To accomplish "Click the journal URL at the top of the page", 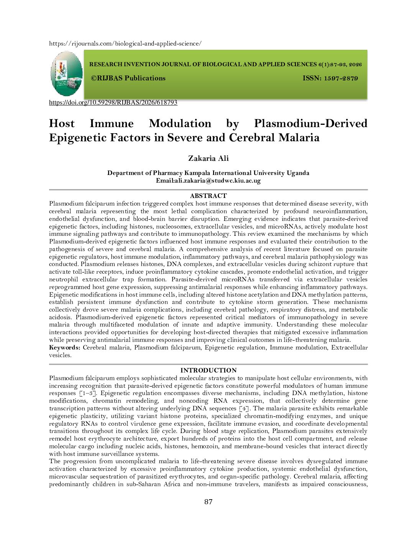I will pos(125,44).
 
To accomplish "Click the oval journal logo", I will pos(67,73).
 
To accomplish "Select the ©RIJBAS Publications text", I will pos(128,78).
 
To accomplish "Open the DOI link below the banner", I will pos(113,103).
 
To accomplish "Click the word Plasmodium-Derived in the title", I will pos(310,124).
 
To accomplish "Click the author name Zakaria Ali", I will pos(208,158).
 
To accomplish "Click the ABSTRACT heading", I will pos(208,196).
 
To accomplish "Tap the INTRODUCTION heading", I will pos(208,370).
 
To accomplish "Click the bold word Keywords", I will pos(64,348).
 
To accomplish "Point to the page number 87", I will pos(208,502).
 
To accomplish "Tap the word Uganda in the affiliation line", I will pos(298,173).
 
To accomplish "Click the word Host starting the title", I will pos(62,124).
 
